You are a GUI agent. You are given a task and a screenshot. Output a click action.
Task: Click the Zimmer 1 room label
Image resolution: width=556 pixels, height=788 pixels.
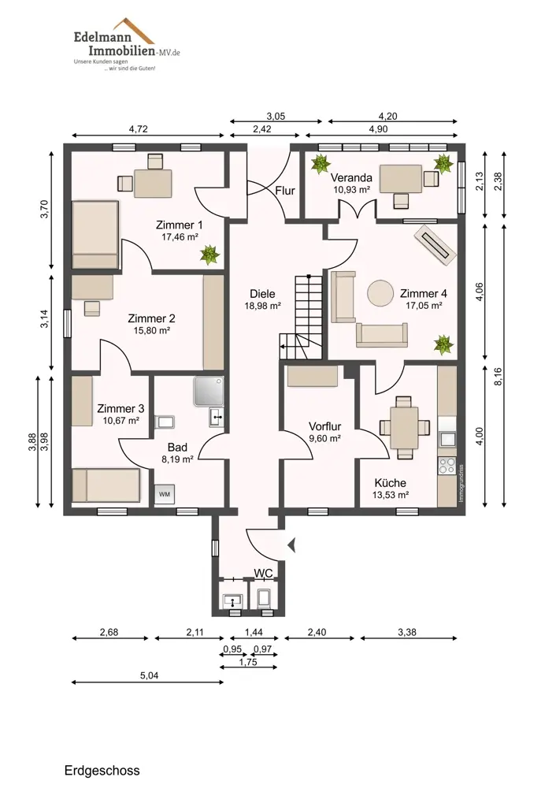180,225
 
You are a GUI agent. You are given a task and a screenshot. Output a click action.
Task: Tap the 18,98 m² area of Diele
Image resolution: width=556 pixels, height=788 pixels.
262,306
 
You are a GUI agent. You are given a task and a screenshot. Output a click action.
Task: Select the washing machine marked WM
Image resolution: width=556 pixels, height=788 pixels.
165,495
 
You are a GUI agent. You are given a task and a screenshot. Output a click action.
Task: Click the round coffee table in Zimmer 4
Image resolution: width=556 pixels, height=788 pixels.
380,293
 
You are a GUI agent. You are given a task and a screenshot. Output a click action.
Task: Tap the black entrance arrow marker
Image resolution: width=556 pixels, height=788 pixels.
291,545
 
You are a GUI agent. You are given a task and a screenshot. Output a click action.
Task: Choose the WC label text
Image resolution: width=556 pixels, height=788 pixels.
263,574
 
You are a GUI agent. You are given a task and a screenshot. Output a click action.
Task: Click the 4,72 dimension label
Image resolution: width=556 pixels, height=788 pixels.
138,128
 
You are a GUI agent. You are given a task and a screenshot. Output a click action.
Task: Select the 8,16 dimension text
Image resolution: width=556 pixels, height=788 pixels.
499,377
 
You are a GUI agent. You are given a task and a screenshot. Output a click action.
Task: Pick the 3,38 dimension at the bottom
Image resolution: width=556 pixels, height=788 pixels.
407,632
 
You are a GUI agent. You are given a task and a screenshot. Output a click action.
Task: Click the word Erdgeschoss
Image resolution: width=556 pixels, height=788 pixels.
102,771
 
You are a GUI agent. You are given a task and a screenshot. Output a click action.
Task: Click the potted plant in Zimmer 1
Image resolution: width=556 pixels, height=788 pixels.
210,255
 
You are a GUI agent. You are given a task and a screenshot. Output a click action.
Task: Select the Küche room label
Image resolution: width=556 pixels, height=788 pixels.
391,483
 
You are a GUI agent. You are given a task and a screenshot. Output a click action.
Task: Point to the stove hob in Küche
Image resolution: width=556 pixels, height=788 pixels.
447,466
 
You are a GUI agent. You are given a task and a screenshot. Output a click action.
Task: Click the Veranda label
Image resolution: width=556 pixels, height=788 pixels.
351,178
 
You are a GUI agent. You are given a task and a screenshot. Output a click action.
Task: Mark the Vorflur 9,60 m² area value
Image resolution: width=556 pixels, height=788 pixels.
325,438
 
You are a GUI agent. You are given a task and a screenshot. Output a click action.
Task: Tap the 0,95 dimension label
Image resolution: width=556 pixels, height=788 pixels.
232,649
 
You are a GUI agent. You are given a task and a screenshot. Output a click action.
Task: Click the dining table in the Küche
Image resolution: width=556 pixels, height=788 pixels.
404,428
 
